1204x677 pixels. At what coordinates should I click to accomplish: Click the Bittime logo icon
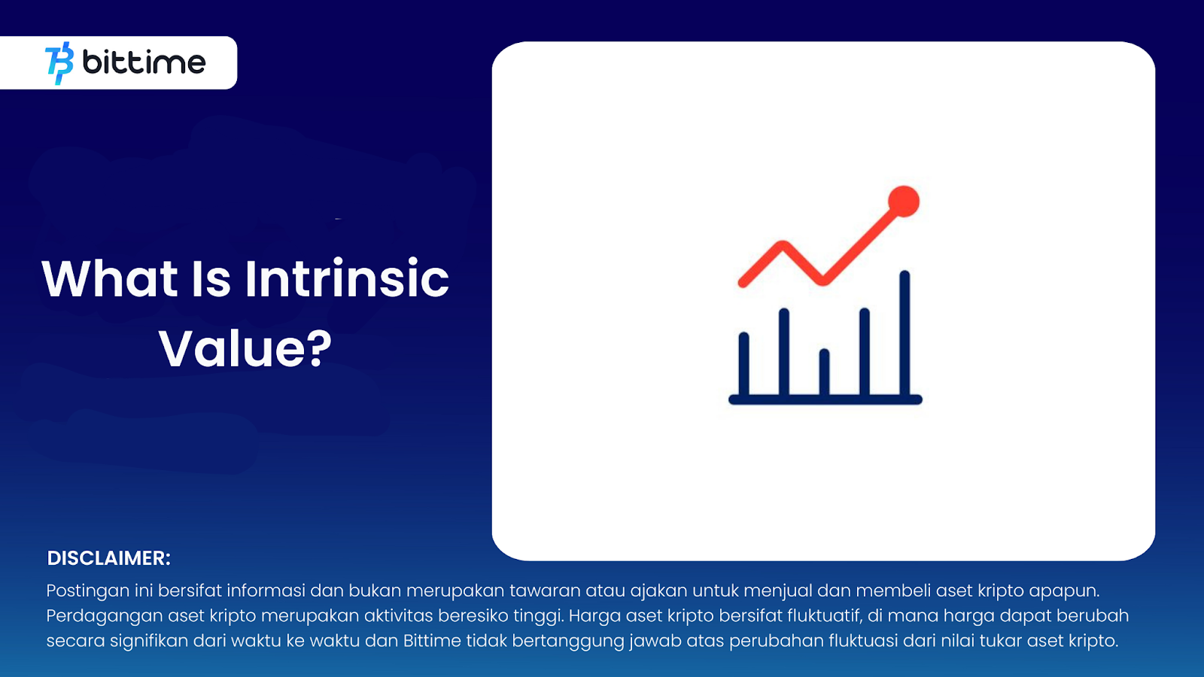(x=59, y=63)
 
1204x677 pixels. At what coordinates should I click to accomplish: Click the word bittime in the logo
(x=144, y=62)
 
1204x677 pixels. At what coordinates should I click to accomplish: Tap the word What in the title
(x=110, y=278)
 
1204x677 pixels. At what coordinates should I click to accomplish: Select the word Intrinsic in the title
(x=347, y=278)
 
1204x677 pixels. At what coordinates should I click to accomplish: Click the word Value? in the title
(x=245, y=349)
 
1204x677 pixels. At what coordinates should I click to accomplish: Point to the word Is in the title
(x=211, y=278)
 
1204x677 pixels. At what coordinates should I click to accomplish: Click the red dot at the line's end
(x=904, y=202)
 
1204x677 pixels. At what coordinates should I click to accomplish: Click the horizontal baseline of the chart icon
(x=825, y=399)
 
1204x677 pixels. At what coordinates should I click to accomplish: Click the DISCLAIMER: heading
(x=108, y=558)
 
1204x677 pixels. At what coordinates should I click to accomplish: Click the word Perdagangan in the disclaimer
(x=105, y=616)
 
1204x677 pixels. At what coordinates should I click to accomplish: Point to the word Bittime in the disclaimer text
(x=432, y=640)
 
